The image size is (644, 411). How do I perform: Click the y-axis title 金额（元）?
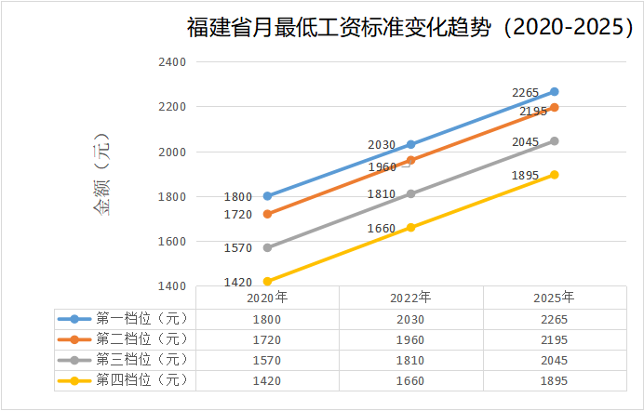[101, 176]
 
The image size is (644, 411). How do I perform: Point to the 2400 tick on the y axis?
[174, 62]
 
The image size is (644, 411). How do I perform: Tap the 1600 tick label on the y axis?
[174, 242]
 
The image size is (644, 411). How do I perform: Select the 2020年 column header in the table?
[267, 298]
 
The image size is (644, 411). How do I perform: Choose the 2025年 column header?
[555, 298]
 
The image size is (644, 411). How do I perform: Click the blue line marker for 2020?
[268, 196]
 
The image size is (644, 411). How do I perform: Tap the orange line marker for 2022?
[411, 160]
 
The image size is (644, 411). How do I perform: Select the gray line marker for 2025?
[555, 141]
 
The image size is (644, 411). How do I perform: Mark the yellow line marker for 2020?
[268, 281]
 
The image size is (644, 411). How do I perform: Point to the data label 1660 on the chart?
[382, 228]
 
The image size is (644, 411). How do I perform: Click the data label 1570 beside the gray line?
[238, 248]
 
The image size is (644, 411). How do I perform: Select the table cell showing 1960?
[410, 339]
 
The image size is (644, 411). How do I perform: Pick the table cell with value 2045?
[555, 360]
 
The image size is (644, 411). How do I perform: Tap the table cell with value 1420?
[267, 380]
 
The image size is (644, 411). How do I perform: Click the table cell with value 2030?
[410, 319]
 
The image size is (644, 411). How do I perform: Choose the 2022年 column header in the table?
[410, 298]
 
